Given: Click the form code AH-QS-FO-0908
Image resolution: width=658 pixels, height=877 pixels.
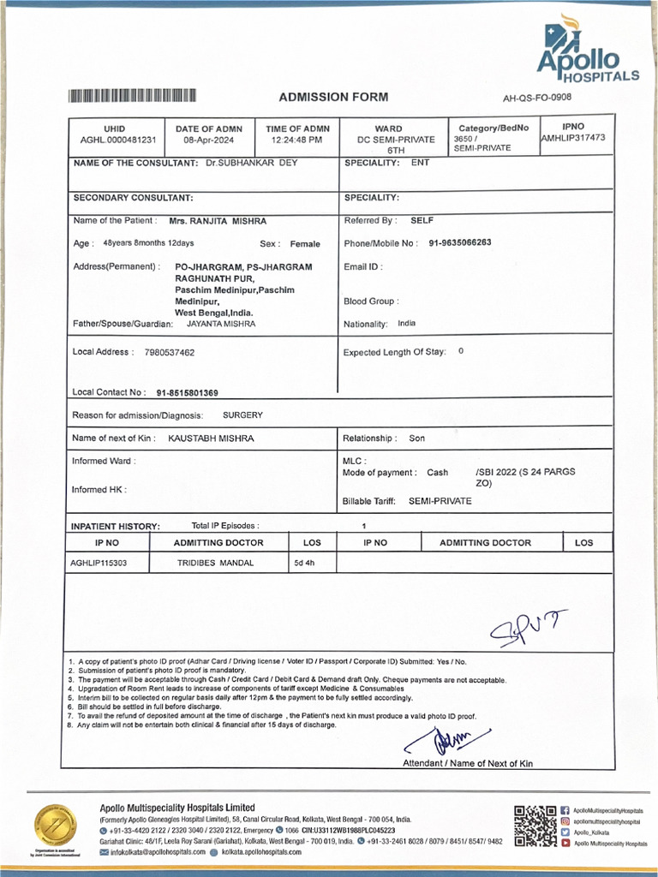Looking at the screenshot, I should pos(536,98).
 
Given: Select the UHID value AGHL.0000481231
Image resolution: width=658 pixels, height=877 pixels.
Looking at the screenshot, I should pos(118,140).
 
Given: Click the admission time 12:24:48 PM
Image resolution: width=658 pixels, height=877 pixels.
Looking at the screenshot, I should pos(296,140).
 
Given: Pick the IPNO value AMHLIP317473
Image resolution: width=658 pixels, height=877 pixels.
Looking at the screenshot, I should pos(573,138).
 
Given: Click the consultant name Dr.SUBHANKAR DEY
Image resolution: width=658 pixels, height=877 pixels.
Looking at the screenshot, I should pos(252,163).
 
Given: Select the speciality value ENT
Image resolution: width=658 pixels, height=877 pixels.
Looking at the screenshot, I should pos(421,162).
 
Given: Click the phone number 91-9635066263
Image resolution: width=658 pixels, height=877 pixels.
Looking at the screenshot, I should pos(460,243).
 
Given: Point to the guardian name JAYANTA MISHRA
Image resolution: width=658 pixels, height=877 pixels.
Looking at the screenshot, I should pos(220,325).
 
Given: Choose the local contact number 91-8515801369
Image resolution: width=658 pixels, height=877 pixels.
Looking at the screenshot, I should pos(187,393).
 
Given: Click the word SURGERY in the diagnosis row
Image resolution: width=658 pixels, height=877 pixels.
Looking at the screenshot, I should pos(242,415).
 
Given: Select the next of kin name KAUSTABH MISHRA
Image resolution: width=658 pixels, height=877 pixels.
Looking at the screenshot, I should pos(211,438).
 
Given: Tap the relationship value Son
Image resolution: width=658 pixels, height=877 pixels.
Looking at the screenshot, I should pos(416,438).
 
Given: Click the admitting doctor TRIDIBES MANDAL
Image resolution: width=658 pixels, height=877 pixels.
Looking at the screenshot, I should pos(209,564).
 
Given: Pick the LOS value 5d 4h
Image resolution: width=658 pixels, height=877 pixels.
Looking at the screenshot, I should pos(305,564).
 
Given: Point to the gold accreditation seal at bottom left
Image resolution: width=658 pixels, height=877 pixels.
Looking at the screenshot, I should pos(55,828).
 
